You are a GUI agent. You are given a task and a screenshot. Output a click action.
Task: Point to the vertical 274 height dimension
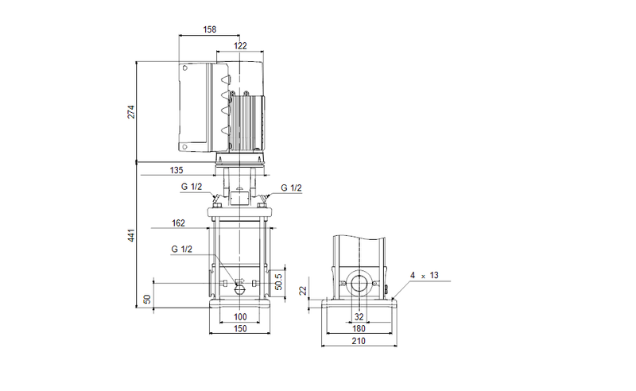(132, 111)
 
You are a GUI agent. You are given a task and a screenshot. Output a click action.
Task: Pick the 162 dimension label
(179, 223)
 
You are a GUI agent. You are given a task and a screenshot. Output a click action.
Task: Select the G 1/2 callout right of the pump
(291, 188)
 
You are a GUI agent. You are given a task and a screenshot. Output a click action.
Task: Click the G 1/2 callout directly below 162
(180, 249)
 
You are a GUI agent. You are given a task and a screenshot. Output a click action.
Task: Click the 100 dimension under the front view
(240, 317)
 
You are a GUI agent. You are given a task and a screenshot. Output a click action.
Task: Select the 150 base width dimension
(240, 328)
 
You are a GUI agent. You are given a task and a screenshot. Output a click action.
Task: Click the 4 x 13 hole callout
(424, 275)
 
